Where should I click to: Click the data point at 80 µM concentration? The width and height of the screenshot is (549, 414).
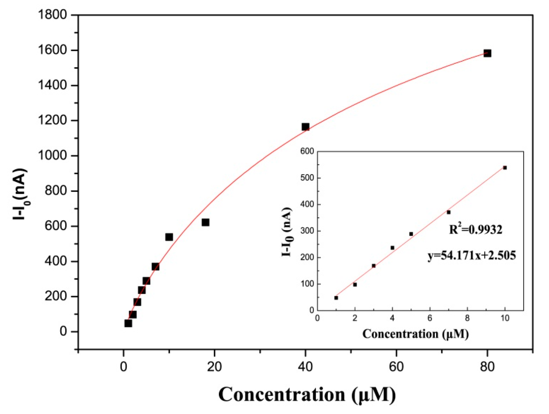click(x=487, y=53)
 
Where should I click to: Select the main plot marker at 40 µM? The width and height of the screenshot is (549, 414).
click(x=305, y=127)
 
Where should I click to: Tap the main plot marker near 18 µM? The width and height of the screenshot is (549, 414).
click(x=205, y=222)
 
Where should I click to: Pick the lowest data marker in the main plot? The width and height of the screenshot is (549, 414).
click(x=128, y=323)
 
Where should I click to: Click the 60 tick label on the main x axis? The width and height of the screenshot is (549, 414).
click(x=396, y=367)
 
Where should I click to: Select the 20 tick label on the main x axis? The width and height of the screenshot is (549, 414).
click(x=214, y=367)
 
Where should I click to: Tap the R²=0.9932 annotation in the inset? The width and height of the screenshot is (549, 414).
click(x=475, y=229)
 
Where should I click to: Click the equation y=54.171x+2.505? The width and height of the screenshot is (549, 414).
click(x=472, y=255)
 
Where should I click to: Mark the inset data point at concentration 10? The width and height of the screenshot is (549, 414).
click(x=505, y=168)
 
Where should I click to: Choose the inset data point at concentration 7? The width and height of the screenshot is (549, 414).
click(x=448, y=212)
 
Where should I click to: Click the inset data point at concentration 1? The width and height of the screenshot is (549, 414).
click(x=336, y=298)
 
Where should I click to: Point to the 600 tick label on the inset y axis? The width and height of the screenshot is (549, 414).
click(x=307, y=151)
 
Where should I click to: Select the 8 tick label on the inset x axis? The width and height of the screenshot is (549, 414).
click(x=467, y=318)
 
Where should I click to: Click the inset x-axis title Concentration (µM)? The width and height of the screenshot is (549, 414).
click(x=415, y=334)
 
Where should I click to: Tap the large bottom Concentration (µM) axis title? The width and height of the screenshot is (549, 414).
click(x=307, y=395)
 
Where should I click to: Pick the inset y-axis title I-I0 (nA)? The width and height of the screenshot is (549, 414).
click(x=287, y=232)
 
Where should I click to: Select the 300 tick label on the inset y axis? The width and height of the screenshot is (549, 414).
click(x=307, y=231)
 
